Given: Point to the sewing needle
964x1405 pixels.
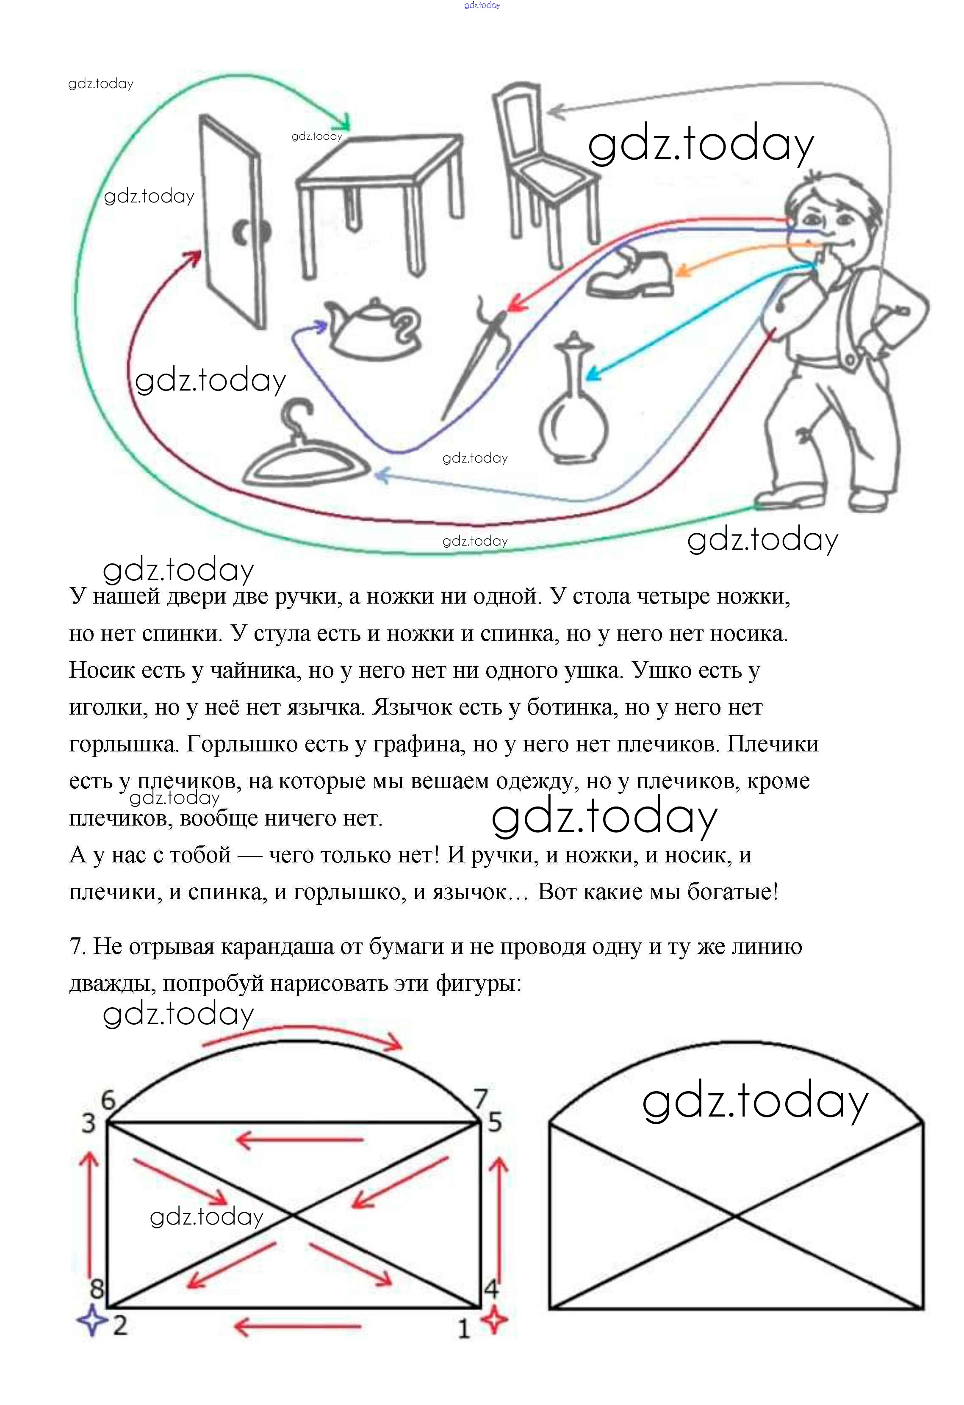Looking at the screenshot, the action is tap(477, 357).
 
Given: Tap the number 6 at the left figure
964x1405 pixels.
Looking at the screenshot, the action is tap(108, 1100).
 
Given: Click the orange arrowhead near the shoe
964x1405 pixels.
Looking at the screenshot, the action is tap(682, 271).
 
